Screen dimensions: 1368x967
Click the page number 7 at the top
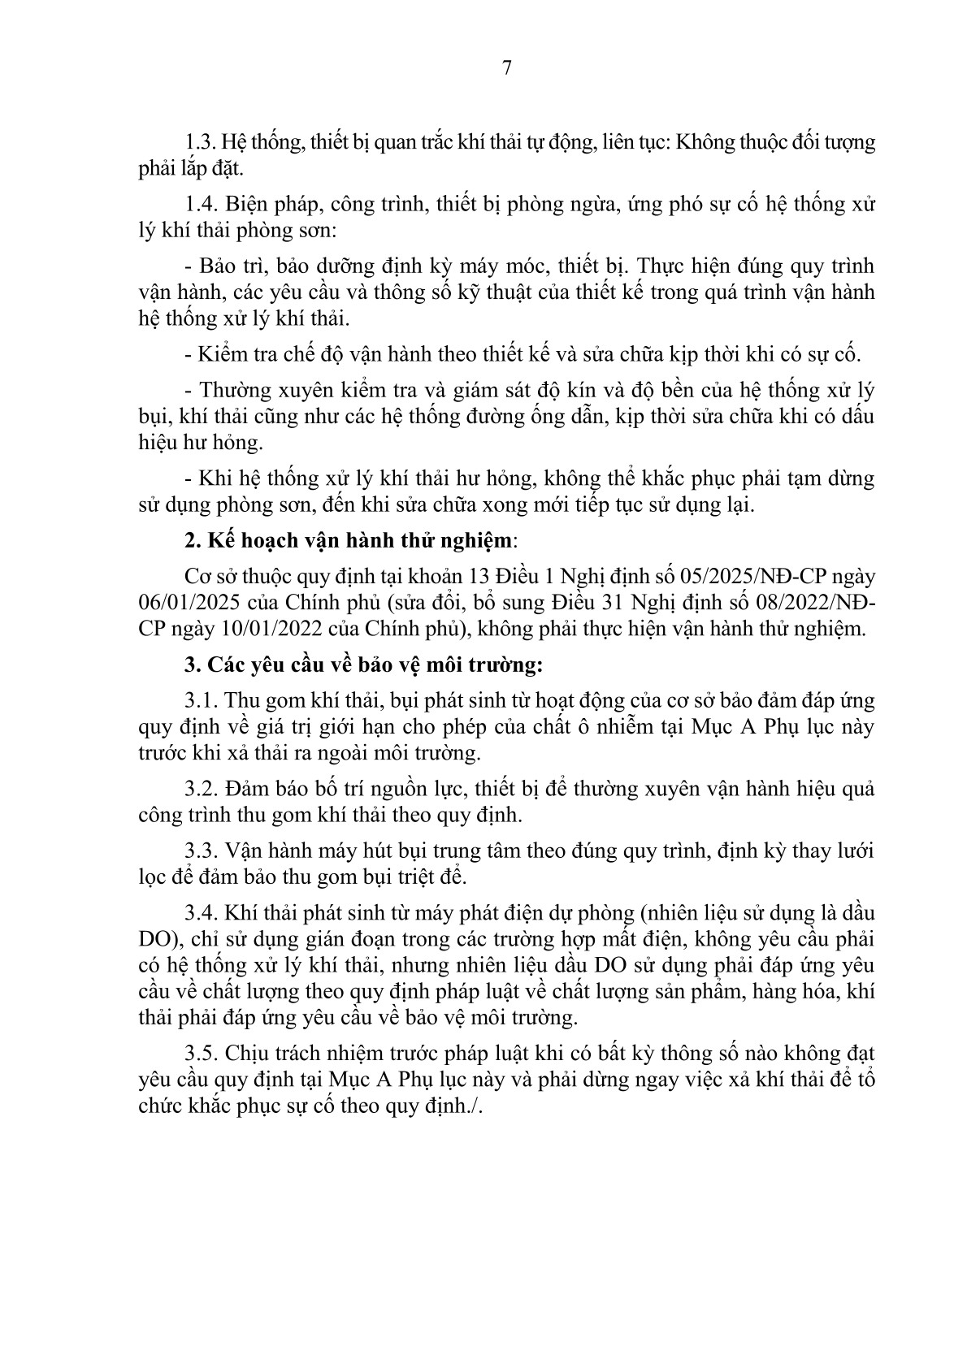coord(507,67)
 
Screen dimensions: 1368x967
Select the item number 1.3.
coord(200,143)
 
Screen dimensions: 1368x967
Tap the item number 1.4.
coord(202,204)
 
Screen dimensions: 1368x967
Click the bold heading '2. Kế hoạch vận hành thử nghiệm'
coord(349,541)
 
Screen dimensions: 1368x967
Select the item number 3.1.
coord(202,701)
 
